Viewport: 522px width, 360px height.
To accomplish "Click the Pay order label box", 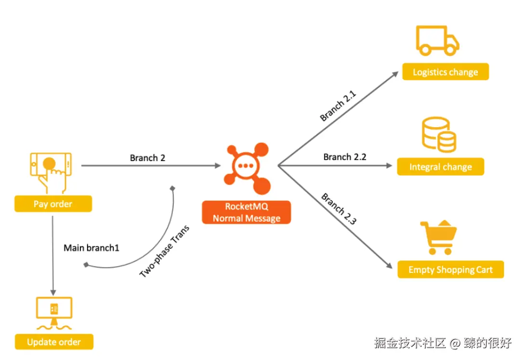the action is (53, 204).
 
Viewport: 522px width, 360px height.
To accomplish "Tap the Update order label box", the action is (54, 342).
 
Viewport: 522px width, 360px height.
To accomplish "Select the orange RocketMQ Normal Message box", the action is (247, 212).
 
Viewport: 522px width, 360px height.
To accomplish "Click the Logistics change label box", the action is (445, 72).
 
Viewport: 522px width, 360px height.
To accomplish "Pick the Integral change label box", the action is (441, 167).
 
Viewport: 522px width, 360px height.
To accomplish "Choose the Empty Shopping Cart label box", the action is (450, 269).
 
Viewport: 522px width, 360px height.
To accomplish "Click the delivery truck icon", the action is (437, 40).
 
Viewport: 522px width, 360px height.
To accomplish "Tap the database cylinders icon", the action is (439, 134).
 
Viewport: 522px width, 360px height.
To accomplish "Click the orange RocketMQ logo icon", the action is (247, 168).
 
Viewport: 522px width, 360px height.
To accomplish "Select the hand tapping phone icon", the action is (51, 173).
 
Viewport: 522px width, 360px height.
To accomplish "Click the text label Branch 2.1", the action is (338, 106).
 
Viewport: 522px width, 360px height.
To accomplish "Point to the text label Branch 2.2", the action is (345, 157).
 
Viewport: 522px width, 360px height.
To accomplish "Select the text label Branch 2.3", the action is (339, 209).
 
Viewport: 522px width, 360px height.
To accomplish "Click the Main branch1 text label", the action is (91, 248).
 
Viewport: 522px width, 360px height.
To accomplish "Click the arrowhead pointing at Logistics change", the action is (395, 74).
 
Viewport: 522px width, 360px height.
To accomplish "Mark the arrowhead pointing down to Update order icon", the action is (53, 293).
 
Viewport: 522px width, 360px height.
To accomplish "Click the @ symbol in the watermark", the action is (455, 343).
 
